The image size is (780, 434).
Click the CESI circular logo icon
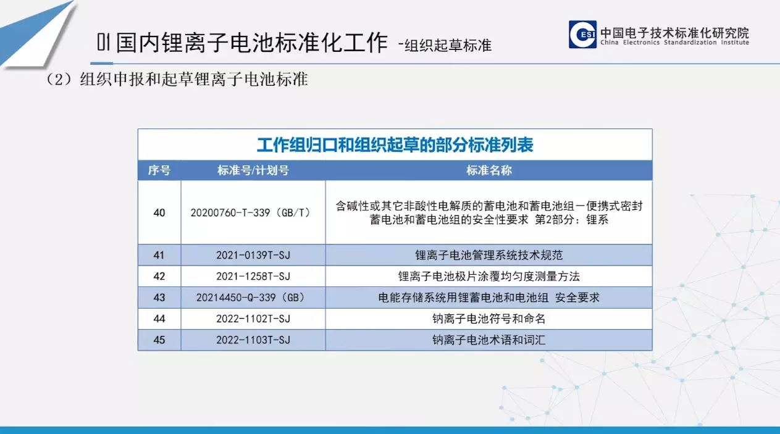[x=582, y=34]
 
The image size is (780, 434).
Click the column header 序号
[x=159, y=170]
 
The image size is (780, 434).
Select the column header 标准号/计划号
[x=253, y=170]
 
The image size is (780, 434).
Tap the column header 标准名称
[x=489, y=170]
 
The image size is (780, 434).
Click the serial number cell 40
[x=159, y=212]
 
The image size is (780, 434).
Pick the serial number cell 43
[x=159, y=298]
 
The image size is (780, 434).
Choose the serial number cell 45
[x=159, y=340]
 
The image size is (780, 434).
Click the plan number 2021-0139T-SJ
[x=253, y=255]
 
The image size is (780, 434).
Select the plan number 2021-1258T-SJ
[x=253, y=277]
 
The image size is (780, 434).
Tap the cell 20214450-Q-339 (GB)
[x=251, y=298]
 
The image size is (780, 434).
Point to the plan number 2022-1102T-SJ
[x=253, y=319]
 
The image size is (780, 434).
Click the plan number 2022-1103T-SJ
[x=253, y=340]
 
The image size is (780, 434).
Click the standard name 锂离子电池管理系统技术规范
[x=489, y=255]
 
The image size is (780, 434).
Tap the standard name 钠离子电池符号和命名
[x=489, y=319]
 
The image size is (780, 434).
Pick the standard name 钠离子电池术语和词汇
[x=489, y=340]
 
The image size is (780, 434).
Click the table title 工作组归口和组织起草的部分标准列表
[x=395, y=145]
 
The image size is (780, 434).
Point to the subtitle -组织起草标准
[x=445, y=45]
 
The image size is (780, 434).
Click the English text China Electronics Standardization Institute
[x=674, y=43]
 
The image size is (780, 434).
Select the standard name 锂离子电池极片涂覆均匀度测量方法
[x=489, y=277]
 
